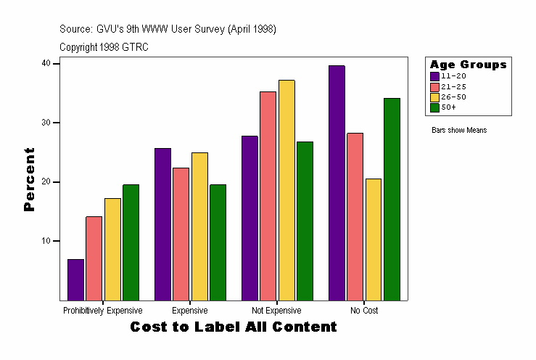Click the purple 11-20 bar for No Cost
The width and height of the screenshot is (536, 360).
pyautogui.click(x=337, y=182)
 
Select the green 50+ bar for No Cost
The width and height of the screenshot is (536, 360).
pyautogui.click(x=392, y=199)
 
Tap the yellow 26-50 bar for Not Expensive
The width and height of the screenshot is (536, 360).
pyautogui.click(x=286, y=189)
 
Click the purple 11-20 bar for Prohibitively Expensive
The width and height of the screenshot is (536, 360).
pyautogui.click(x=75, y=279)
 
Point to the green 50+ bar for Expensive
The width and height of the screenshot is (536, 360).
pyautogui.click(x=218, y=242)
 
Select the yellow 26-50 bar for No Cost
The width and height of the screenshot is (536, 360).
pyautogui.click(x=374, y=239)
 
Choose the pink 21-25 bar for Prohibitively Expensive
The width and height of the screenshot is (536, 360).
pyautogui.click(x=94, y=258)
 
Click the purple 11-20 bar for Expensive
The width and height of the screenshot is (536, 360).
pyautogui.click(x=162, y=224)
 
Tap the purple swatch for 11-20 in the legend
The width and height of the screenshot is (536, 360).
pyautogui.click(x=434, y=75)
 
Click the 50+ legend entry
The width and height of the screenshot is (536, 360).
pyautogui.click(x=448, y=107)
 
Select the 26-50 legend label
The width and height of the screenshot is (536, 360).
pyautogui.click(x=448, y=97)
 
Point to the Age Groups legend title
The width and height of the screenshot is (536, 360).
pyautogui.click(x=468, y=65)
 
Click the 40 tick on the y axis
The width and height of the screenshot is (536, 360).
pyautogui.click(x=46, y=63)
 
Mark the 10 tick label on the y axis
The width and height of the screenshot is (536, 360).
pyautogui.click(x=46, y=241)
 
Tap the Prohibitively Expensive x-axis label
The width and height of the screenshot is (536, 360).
pyautogui.click(x=102, y=311)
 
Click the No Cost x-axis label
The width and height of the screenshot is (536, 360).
pyautogui.click(x=364, y=311)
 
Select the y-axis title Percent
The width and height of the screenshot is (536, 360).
pyautogui.click(x=29, y=179)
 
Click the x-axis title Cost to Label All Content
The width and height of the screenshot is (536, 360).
pyautogui.click(x=234, y=327)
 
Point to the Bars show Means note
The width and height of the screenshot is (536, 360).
pyautogui.click(x=459, y=131)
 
